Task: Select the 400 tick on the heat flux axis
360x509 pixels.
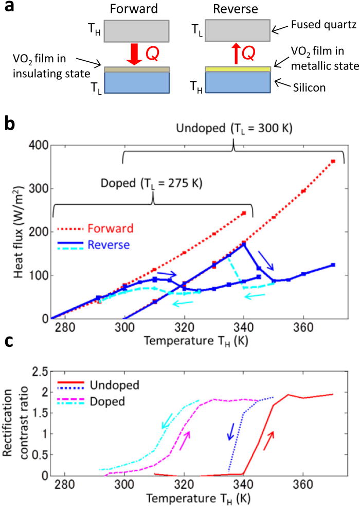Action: coord(40,146)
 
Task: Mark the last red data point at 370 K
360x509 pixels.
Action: coord(333,161)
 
